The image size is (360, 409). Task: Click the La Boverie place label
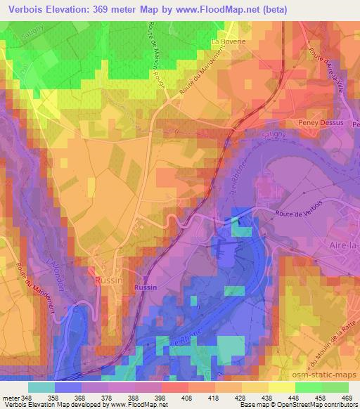228,41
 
